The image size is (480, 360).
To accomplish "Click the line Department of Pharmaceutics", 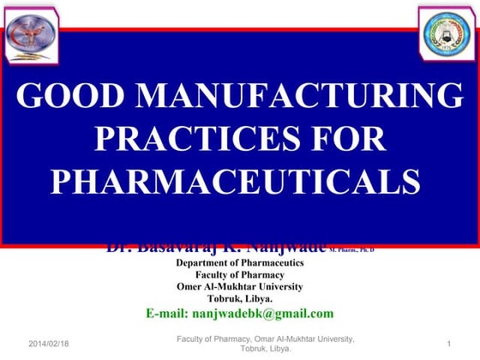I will click(x=240, y=262).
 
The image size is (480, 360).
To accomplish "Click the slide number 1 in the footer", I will click(x=449, y=343).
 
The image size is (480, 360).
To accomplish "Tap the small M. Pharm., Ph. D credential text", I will click(x=351, y=249).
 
